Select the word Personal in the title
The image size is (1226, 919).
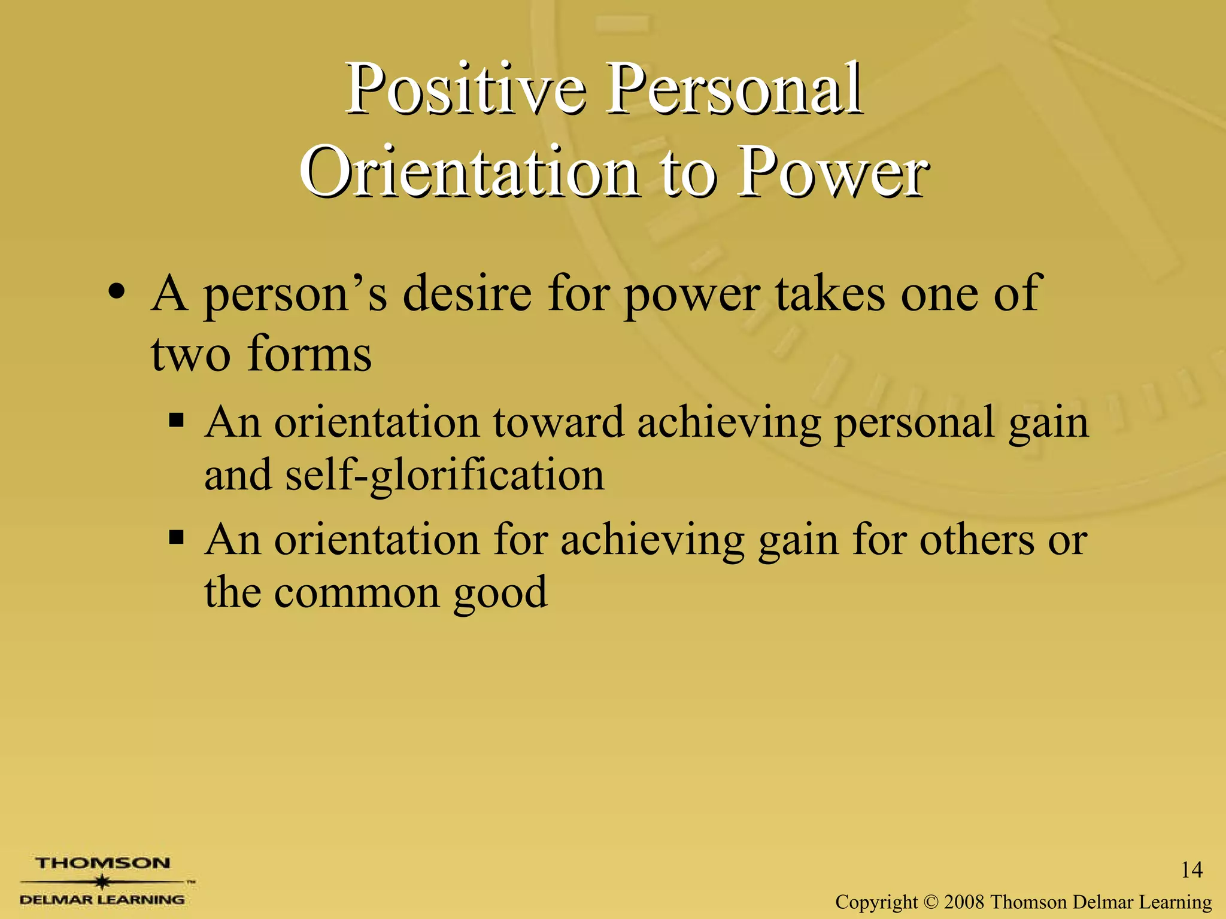tap(735, 90)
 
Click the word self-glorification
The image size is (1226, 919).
tap(445, 476)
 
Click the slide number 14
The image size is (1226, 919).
tap(1191, 869)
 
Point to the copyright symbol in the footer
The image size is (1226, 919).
tap(931, 902)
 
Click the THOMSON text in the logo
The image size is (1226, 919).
tap(102, 863)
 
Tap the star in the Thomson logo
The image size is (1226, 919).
tap(103, 881)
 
